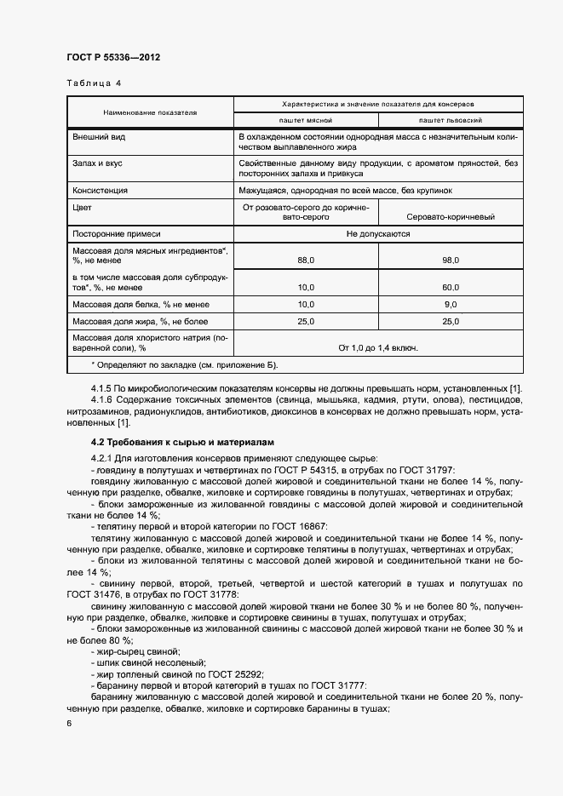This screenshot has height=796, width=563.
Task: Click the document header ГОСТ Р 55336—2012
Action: pos(113,57)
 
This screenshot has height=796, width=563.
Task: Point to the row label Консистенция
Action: pos(101,190)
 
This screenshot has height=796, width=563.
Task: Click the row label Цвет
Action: pos(83,206)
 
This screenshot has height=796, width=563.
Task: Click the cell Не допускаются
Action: pos(378,232)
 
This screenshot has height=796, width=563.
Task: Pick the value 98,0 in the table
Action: pos(451,260)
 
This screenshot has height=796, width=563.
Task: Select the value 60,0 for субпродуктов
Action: pos(451,287)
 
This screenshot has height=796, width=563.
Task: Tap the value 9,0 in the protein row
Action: pos(451,304)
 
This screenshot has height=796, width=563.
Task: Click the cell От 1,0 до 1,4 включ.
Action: pos(378,347)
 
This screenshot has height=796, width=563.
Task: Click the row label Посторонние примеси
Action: pos(117,232)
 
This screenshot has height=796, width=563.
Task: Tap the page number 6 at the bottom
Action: pos(69,723)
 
